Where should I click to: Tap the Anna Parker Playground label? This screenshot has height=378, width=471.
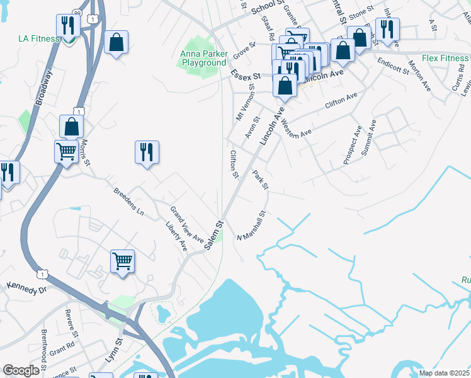pyautogui.click(x=203, y=59)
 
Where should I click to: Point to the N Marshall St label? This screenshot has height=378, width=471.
pyautogui.click(x=251, y=226)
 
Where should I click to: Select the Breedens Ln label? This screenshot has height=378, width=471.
pyautogui.click(x=129, y=202)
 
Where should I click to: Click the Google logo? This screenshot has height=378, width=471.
pyautogui.click(x=21, y=371)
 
